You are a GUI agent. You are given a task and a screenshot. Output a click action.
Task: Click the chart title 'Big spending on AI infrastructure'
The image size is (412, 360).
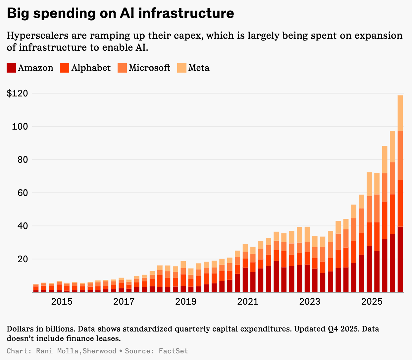120,14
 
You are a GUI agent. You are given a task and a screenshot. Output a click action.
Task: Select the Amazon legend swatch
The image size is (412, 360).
11,68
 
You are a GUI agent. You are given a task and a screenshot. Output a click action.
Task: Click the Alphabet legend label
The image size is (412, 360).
91,68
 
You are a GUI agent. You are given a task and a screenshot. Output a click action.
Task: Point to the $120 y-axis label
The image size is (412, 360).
17,93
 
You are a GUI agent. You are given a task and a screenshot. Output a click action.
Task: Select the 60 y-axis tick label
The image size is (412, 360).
21,193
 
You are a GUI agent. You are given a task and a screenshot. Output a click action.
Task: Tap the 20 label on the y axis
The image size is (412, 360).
21,259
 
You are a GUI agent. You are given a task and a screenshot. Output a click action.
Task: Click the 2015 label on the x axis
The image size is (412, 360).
62,302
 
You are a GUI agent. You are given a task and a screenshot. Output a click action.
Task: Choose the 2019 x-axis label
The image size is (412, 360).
186,302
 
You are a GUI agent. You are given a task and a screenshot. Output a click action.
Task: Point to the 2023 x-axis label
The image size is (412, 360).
310,302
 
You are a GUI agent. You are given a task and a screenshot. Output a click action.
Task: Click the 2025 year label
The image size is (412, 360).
372,302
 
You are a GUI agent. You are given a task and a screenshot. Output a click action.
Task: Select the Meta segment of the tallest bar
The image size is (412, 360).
400,113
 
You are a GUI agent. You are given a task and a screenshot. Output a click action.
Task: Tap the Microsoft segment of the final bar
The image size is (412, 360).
400,155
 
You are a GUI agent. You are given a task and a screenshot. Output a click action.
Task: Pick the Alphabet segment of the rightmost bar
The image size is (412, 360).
400,203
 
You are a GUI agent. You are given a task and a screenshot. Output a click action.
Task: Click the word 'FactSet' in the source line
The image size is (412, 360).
173,351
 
